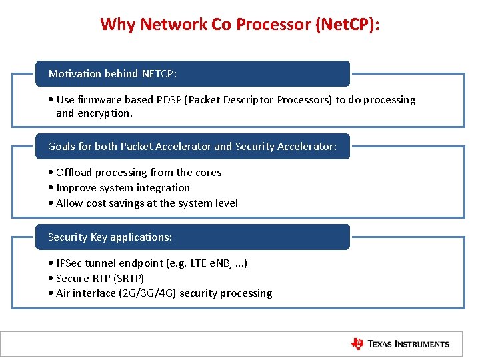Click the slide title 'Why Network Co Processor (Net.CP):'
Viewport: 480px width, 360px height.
pyautogui.click(x=240, y=24)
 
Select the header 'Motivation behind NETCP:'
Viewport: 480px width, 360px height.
pyautogui.click(x=113, y=73)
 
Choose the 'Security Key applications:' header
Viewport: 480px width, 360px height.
pyautogui.click(x=110, y=237)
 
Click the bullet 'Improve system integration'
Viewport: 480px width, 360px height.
pyautogui.click(x=123, y=188)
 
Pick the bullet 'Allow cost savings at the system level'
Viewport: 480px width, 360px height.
pyautogui.click(x=147, y=203)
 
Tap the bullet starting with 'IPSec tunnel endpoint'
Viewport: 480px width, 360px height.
pyautogui.click(x=151, y=263)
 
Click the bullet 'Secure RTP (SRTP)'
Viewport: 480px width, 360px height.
pyautogui.click(x=100, y=278)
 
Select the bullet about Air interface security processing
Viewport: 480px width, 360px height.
pyautogui.click(x=164, y=293)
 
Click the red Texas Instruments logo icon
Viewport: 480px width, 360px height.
pyautogui.click(x=357, y=344)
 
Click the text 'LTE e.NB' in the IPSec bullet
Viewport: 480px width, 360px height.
pyautogui.click(x=212, y=263)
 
